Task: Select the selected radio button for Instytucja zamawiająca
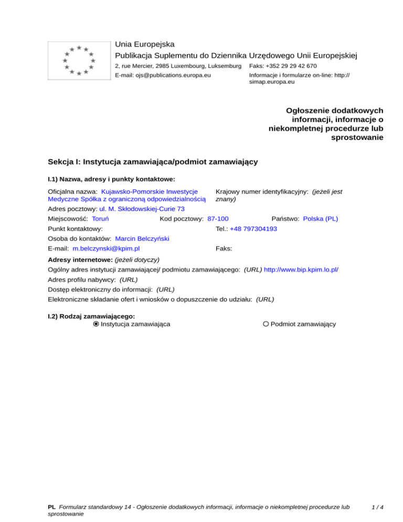click(96, 324)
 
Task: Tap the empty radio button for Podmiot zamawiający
click(266, 324)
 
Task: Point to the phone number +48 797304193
click(253, 229)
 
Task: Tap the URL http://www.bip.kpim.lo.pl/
click(301, 269)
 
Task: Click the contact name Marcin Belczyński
click(142, 239)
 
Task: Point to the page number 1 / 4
click(377, 507)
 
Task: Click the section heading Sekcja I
click(152, 162)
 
